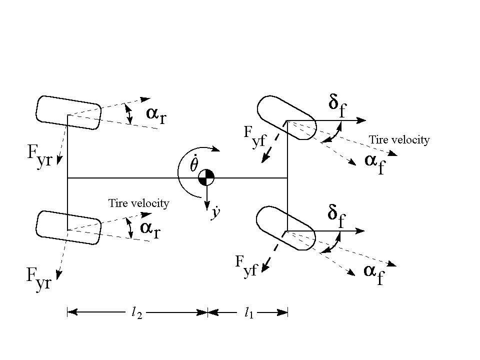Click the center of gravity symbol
pos(206,177)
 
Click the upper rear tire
pos(69,112)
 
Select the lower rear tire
pos(69,227)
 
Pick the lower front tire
pos(285,228)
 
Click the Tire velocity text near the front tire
pos(398,140)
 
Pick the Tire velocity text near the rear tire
pos(138,203)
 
